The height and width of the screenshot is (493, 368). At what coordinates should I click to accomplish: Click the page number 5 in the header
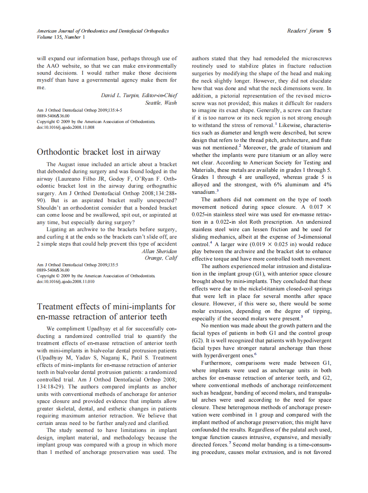(329, 31)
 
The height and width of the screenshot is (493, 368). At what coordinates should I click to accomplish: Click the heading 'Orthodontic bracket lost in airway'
(99, 152)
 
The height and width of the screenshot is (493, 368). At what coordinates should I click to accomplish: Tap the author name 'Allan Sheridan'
(159, 251)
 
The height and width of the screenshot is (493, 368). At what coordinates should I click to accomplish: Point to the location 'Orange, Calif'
(161, 258)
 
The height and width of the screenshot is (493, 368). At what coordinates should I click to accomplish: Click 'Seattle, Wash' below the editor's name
(161, 102)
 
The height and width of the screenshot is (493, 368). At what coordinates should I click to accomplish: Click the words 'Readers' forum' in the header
(305, 31)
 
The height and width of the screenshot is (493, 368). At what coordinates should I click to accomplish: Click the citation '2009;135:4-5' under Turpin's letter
(102, 110)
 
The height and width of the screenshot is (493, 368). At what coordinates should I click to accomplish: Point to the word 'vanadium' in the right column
(203, 192)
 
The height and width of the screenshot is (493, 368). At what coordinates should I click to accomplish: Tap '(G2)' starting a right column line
(197, 340)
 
